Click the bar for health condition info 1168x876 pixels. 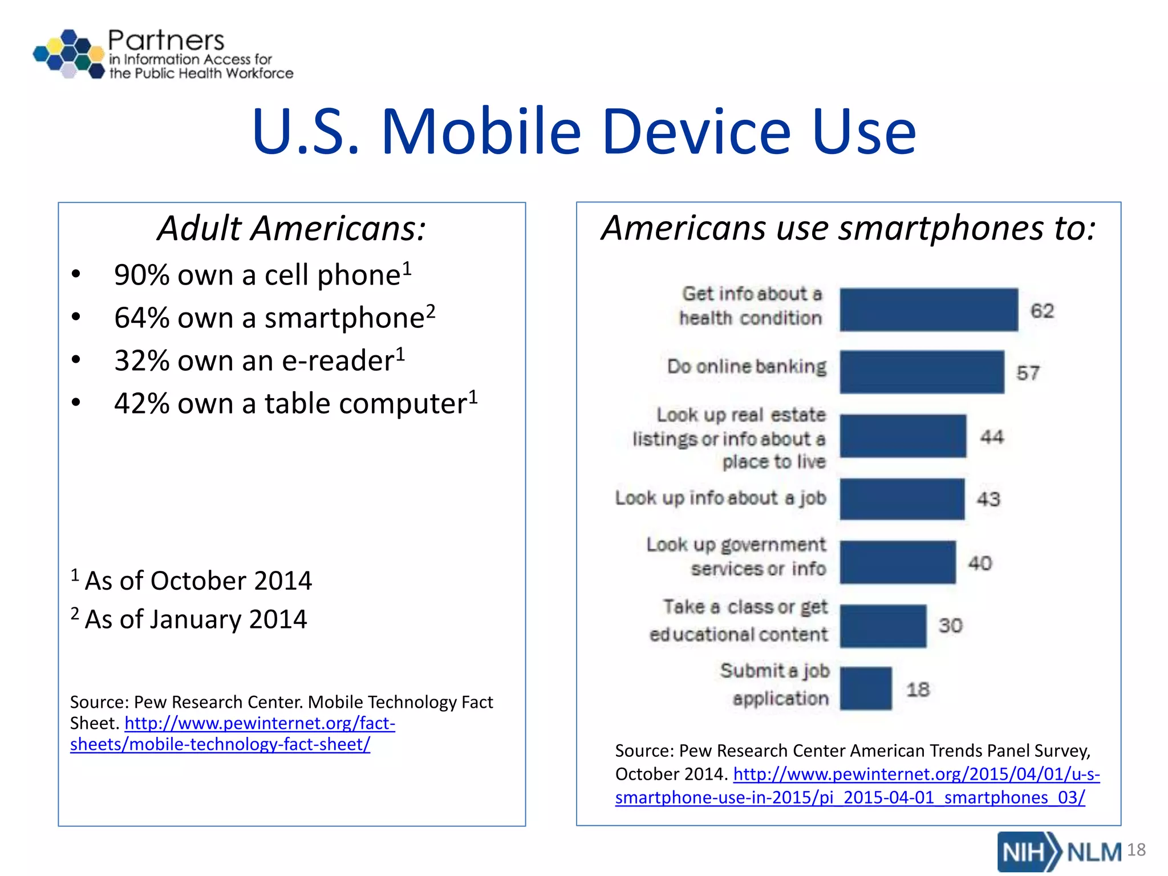click(928, 310)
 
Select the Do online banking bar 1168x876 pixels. click(922, 372)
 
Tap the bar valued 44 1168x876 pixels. click(902, 436)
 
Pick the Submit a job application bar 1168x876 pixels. click(865, 688)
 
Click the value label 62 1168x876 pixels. click(1042, 311)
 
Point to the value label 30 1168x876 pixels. click(950, 626)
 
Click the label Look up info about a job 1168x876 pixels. click(720, 498)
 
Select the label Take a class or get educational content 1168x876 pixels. click(739, 620)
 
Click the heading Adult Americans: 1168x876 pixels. click(291, 228)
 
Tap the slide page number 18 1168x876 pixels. click(1136, 850)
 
